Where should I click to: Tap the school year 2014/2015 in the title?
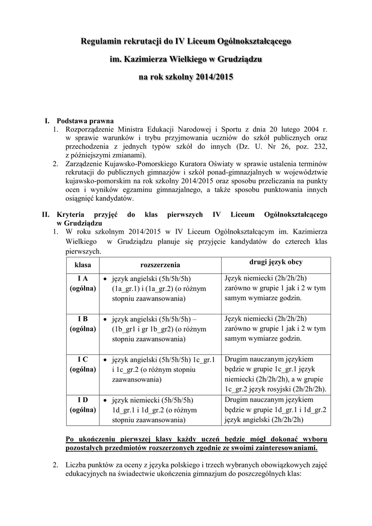pos(212,78)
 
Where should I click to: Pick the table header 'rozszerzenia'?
pos(160,265)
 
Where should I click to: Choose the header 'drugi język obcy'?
pos(276,262)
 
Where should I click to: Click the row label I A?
pos(83,278)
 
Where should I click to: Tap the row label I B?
pos(83,319)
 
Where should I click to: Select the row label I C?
pos(83,360)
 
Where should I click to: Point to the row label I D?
pos(83,400)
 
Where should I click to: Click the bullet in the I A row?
pos(105,279)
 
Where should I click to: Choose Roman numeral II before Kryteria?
pos(45,213)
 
